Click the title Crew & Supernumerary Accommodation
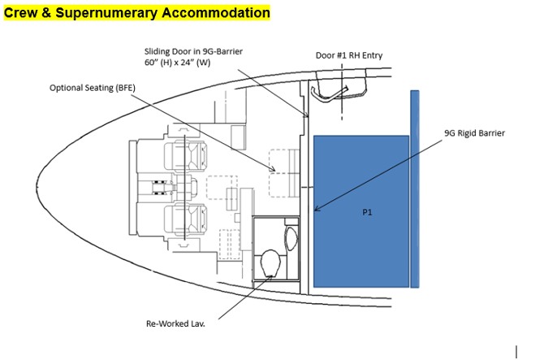pos(136,13)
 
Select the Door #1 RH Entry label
pos(349,56)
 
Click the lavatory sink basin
pos(292,238)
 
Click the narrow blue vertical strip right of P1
pos(415,189)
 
